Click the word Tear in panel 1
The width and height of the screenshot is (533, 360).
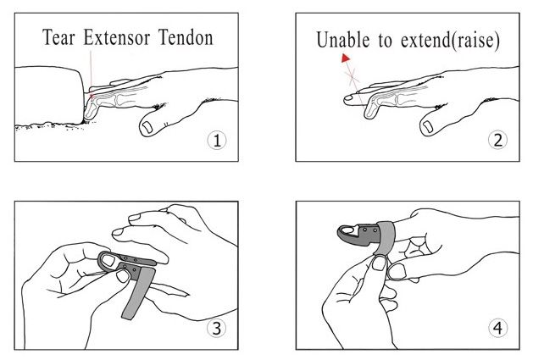click(x=58, y=37)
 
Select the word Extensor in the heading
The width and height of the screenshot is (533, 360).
click(x=117, y=37)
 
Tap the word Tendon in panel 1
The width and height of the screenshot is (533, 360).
click(x=186, y=37)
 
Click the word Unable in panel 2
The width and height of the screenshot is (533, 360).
click(x=343, y=40)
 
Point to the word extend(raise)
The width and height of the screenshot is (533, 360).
click(x=451, y=41)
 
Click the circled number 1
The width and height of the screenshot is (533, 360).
click(x=217, y=140)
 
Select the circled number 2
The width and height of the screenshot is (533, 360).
click(x=497, y=140)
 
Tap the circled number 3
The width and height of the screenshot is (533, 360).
click(x=217, y=328)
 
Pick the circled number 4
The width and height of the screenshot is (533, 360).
click(x=497, y=328)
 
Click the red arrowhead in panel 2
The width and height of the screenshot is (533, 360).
click(x=346, y=58)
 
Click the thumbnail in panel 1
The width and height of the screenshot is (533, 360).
click(x=147, y=127)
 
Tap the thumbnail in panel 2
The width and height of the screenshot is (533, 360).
click(x=427, y=126)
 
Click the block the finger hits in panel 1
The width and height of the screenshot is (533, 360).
click(x=48, y=95)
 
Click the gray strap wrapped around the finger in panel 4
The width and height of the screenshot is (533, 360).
click(x=385, y=237)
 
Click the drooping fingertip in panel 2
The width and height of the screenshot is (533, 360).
click(x=369, y=112)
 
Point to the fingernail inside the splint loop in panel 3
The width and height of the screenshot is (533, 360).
click(x=108, y=260)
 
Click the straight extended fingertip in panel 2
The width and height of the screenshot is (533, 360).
click(x=349, y=99)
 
